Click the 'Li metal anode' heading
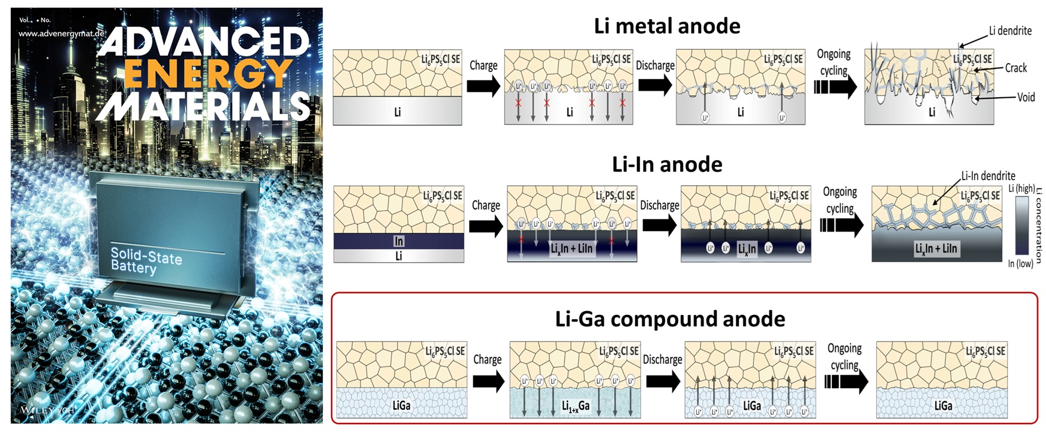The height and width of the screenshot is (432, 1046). tap(666, 26)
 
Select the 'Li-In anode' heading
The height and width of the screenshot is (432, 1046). tap(667, 164)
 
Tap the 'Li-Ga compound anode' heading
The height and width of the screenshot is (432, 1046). tap(670, 319)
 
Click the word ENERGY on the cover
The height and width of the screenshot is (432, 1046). tap(207, 74)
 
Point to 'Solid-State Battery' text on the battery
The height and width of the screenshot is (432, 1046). tap(146, 260)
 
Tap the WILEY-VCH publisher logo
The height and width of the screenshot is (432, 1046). tap(47, 410)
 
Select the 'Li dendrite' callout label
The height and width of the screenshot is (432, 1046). tap(1010, 31)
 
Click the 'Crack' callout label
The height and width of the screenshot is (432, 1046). tap(1016, 68)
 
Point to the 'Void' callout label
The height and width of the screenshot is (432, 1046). tap(1026, 97)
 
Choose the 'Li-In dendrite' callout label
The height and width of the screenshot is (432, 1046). tap(988, 176)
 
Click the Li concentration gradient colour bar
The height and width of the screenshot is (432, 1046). tap(1021, 226)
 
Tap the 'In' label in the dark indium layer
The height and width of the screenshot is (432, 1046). tap(399, 241)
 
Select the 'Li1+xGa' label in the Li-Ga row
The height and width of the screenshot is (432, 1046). tap(575, 406)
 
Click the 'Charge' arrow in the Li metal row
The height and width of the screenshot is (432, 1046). tap(483, 86)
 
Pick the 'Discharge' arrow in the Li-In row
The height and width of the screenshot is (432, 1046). tap(659, 225)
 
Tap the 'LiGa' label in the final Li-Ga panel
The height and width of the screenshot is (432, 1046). tap(943, 406)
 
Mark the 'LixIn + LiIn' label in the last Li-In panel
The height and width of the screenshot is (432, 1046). tap(936, 248)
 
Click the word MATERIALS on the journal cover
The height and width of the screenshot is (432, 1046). tap(204, 107)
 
